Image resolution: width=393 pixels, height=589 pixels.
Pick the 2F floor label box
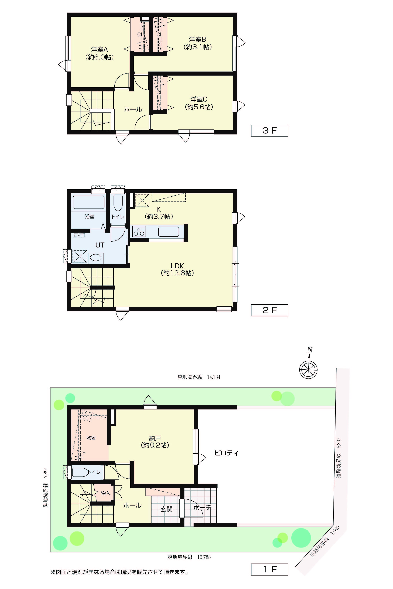(270, 310)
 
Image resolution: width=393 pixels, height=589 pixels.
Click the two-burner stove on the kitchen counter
(139, 231)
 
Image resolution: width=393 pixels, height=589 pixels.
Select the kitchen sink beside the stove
(168, 231)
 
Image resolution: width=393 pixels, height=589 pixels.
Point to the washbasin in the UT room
(96, 257)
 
